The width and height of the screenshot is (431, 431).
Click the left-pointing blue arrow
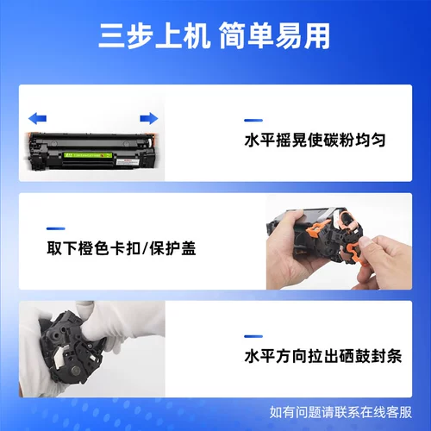(x=37, y=118)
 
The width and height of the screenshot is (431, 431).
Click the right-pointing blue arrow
(x=149, y=118)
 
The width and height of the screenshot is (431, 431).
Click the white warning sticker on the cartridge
(x=128, y=162)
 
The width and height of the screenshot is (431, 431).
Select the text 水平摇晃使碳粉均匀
(x=315, y=141)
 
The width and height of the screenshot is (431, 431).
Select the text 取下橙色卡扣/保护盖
(x=122, y=248)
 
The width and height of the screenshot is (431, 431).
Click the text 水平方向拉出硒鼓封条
(x=323, y=356)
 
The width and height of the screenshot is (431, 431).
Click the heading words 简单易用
(x=275, y=36)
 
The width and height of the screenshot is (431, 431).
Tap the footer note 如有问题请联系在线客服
(x=340, y=412)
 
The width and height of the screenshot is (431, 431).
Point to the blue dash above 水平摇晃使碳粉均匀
(x=253, y=121)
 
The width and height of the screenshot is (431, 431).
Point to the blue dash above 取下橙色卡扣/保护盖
(x=56, y=228)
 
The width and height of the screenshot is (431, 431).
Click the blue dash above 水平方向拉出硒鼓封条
(x=253, y=336)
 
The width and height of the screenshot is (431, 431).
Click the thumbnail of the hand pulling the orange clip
(x=339, y=241)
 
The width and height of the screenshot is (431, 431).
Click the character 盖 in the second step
(x=188, y=248)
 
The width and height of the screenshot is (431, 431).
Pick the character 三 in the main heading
(x=111, y=36)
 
